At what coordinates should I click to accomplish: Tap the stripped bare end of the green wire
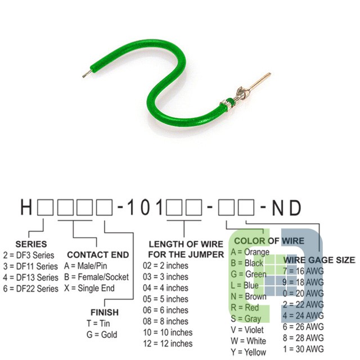click(x=87, y=74)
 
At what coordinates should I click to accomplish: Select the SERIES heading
click(x=31, y=244)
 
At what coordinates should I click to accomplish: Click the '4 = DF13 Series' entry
click(x=30, y=277)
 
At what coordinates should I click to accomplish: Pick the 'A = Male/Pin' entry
click(x=85, y=266)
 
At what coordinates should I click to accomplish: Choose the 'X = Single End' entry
click(x=89, y=288)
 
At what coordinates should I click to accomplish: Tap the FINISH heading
click(x=105, y=312)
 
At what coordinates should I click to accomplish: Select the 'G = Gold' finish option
click(x=102, y=335)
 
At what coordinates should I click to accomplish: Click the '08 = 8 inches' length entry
click(x=165, y=321)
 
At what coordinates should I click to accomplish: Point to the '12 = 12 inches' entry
click(x=168, y=344)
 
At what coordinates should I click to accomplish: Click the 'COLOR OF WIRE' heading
click(x=269, y=241)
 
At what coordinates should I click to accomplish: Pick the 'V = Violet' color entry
click(x=247, y=330)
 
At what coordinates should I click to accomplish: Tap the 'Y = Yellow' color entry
click(x=249, y=352)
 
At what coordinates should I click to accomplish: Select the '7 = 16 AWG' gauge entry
click(x=303, y=271)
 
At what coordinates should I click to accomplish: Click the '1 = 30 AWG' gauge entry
click(x=303, y=349)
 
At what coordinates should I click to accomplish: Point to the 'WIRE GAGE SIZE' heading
click(x=319, y=260)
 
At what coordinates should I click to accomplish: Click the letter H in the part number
click(x=26, y=208)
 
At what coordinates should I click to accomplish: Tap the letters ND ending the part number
click(x=286, y=208)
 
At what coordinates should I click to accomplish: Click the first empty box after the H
click(x=46, y=208)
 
